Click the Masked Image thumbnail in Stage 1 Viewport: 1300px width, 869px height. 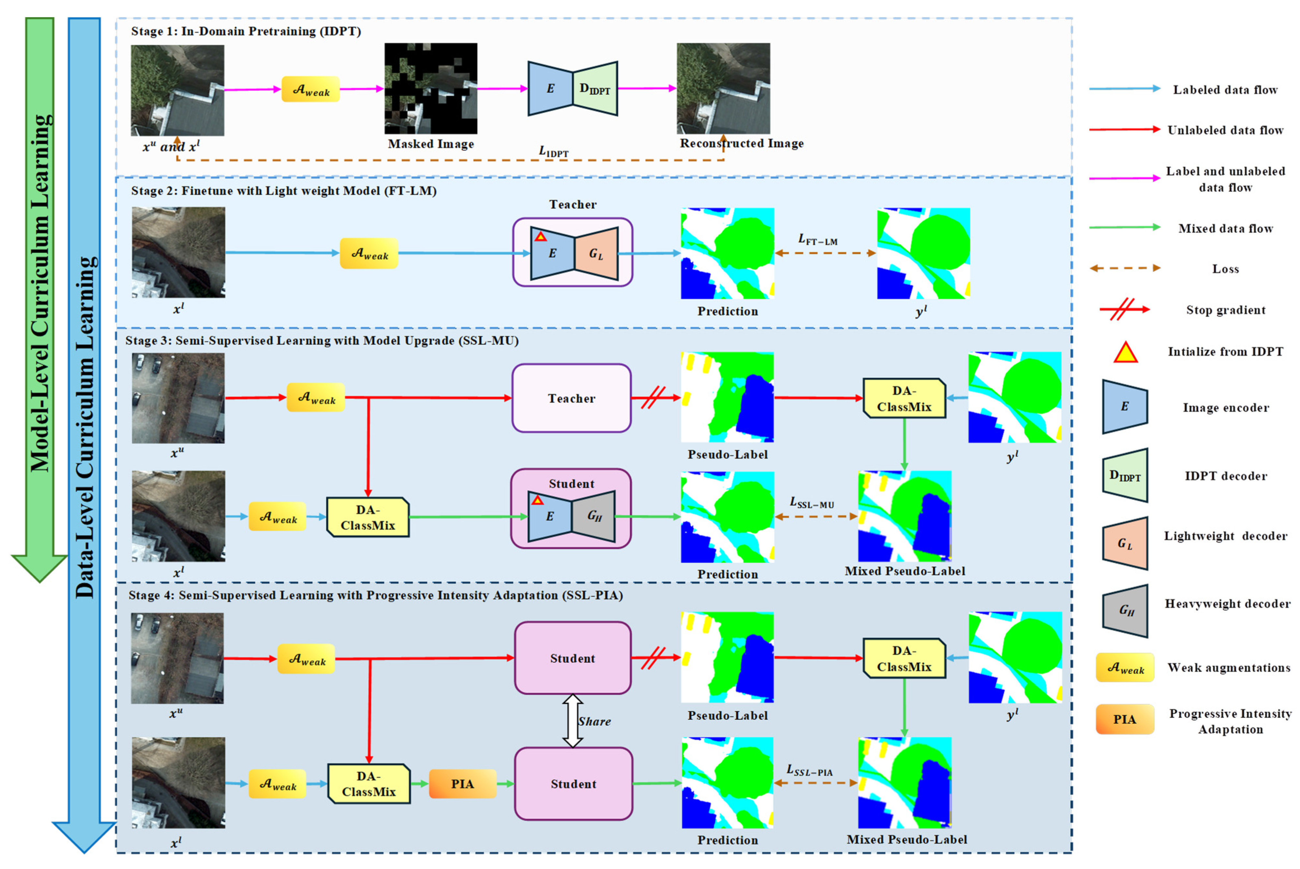[431, 88]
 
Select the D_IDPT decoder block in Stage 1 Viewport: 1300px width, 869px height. [595, 89]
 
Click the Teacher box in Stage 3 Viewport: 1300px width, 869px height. [571, 398]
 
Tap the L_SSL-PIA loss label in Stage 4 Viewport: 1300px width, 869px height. [809, 770]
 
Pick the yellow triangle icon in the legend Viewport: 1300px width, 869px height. [1125, 352]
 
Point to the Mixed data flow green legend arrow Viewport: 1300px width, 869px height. [1124, 227]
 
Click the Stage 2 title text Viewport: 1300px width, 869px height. [283, 191]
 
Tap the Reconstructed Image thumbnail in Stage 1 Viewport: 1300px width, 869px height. [723, 88]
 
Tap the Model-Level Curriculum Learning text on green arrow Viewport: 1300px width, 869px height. [40, 294]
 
